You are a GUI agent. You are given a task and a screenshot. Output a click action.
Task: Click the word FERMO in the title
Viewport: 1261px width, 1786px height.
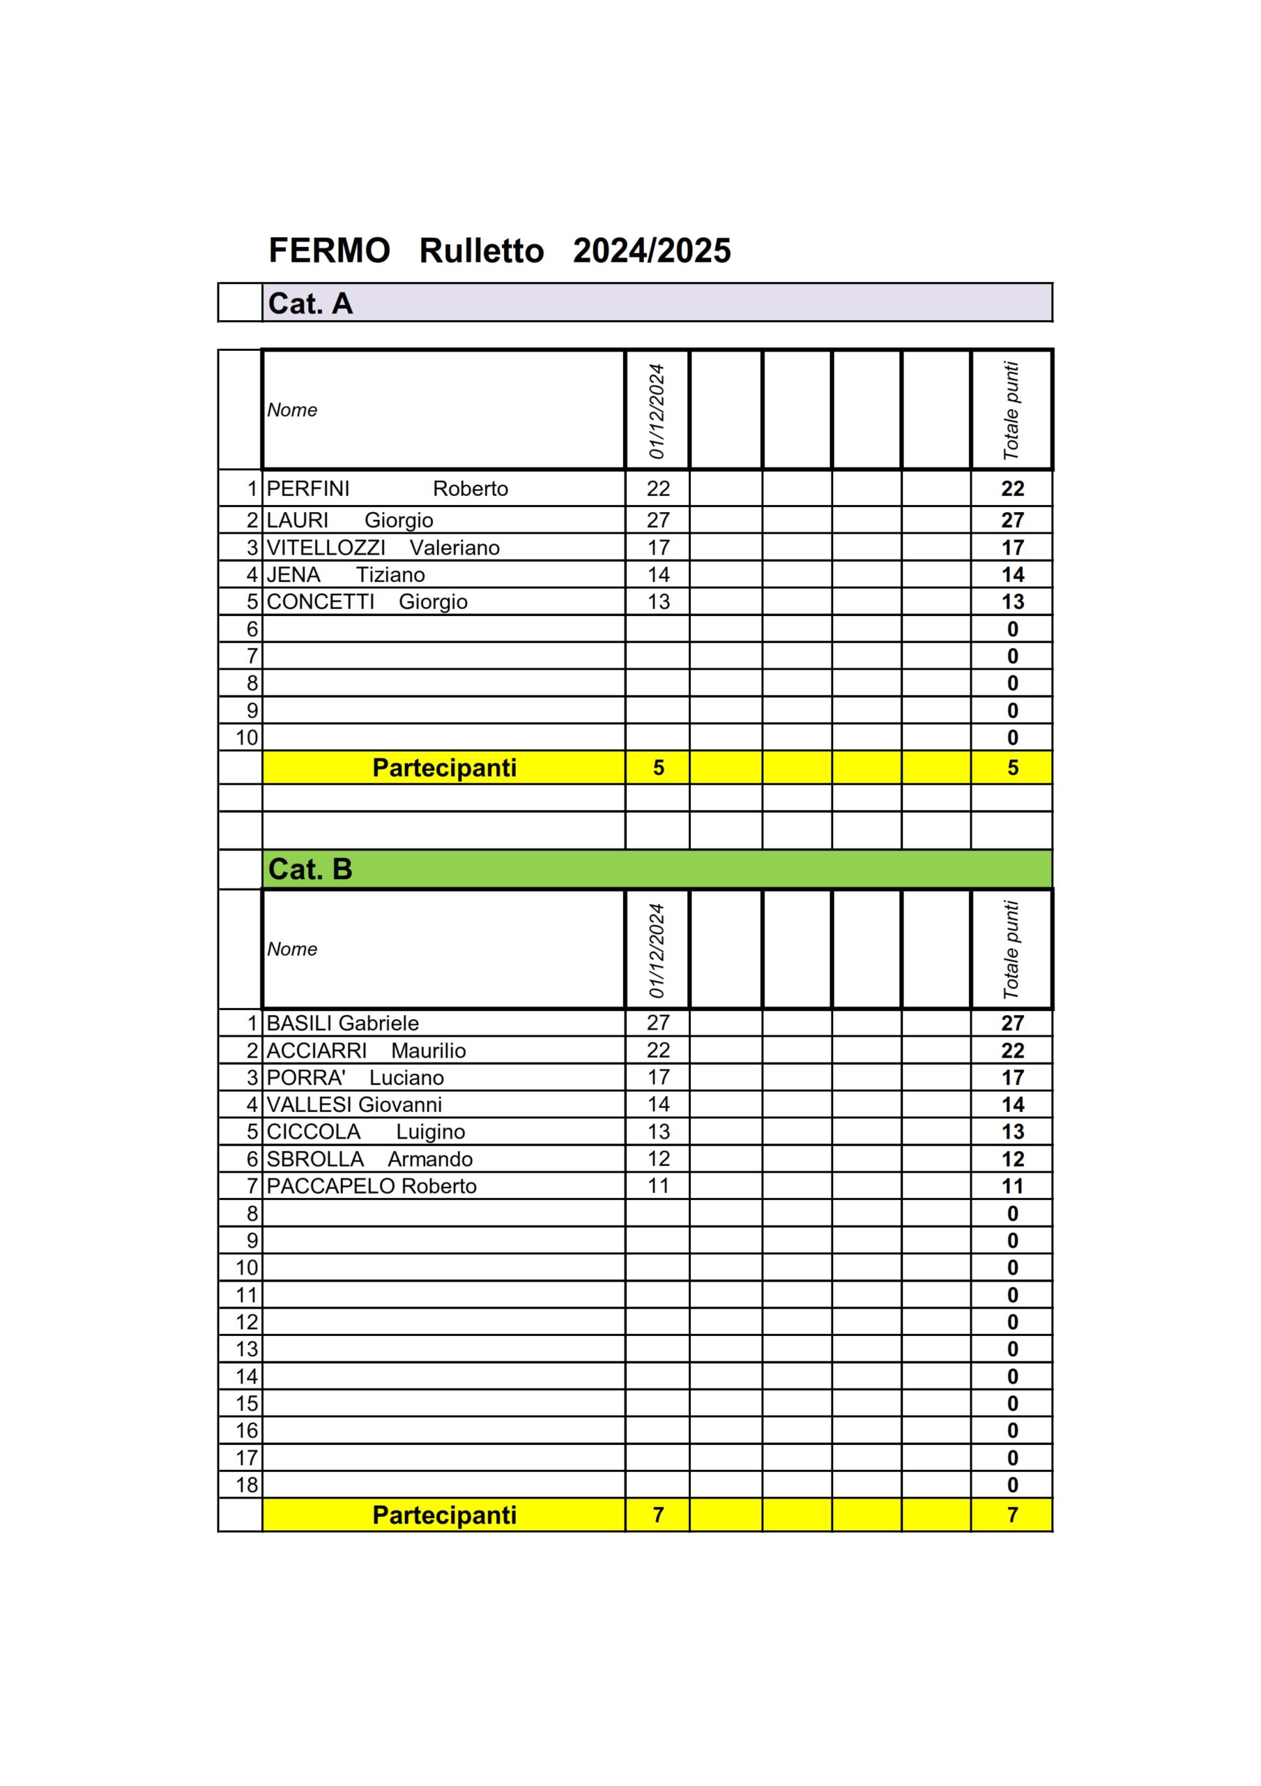tap(329, 250)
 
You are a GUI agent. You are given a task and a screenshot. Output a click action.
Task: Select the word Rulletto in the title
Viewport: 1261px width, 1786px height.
tap(481, 250)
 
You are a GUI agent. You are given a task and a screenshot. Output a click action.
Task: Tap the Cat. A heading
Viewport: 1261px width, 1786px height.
tap(310, 303)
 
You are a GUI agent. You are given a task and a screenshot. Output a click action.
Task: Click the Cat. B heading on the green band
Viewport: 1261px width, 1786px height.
tap(310, 869)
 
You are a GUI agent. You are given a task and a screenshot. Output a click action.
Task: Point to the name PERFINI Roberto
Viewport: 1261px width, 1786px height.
tap(387, 488)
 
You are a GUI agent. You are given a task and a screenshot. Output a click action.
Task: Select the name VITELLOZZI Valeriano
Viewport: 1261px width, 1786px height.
tap(383, 548)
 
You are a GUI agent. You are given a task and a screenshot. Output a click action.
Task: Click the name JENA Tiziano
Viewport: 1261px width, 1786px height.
tap(345, 575)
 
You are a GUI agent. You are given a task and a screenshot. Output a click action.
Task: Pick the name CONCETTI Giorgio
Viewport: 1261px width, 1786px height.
tap(367, 601)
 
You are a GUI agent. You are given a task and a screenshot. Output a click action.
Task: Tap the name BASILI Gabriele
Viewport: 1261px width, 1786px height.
tap(342, 1023)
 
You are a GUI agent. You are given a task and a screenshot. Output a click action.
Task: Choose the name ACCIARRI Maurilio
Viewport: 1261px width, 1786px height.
tap(366, 1050)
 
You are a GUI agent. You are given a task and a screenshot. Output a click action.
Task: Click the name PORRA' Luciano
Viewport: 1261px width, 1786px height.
tap(355, 1077)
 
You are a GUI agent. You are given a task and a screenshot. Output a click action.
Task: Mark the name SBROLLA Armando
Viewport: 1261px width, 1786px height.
tap(369, 1159)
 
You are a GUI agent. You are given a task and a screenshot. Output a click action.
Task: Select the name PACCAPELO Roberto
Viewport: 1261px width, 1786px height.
tap(371, 1185)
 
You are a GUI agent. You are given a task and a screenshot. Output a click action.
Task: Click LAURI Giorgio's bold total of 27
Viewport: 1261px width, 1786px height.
tap(1012, 520)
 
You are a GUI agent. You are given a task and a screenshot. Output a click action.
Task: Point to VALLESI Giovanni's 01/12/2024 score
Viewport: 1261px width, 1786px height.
tap(658, 1104)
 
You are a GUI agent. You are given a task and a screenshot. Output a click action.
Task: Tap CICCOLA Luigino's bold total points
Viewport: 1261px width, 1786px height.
tap(1012, 1132)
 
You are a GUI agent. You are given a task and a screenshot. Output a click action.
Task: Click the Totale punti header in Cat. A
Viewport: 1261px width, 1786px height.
tap(1011, 410)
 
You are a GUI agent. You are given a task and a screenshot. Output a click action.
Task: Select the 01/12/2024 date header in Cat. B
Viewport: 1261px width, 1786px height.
tap(657, 950)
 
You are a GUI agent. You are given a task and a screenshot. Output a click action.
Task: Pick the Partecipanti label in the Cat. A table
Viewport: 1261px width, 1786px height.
tap(444, 767)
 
